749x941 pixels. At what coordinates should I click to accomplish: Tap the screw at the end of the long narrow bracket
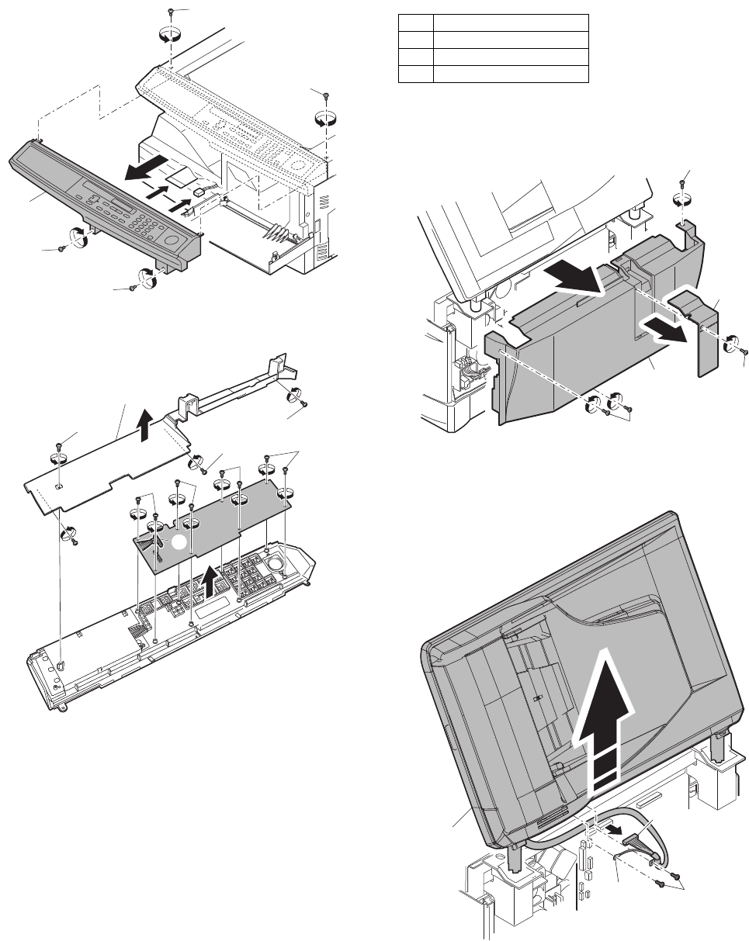[304, 404]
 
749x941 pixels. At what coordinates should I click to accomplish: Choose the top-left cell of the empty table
[416, 22]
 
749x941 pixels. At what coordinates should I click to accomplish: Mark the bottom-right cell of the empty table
[509, 74]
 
